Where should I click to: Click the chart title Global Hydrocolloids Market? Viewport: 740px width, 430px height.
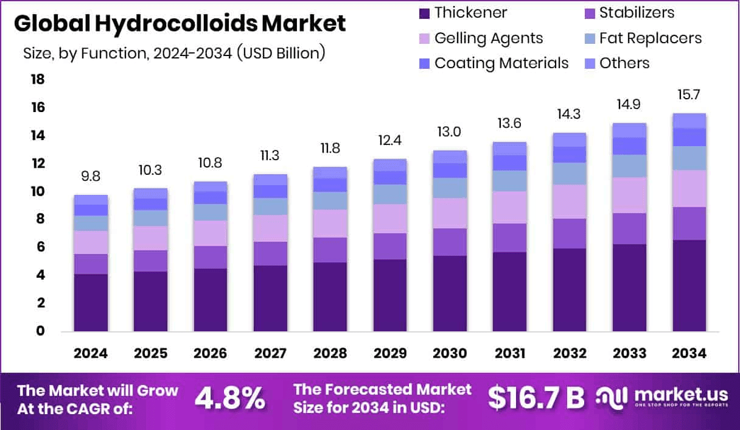click(x=180, y=24)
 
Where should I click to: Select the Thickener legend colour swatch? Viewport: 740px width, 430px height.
click(x=424, y=13)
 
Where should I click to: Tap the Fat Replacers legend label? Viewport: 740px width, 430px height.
click(x=650, y=38)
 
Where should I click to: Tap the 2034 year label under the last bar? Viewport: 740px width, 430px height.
click(x=689, y=354)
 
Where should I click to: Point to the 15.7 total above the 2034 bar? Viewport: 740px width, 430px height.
click(x=689, y=96)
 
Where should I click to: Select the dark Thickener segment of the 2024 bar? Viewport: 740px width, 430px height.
click(x=91, y=303)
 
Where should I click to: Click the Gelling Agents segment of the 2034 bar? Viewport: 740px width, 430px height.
click(x=689, y=188)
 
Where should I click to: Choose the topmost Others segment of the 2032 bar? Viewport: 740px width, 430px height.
click(x=570, y=139)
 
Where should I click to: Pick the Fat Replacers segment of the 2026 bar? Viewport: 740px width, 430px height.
click(x=211, y=212)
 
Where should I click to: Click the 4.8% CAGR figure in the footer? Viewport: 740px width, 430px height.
click(x=229, y=398)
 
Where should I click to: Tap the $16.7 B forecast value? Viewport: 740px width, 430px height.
click(x=536, y=398)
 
